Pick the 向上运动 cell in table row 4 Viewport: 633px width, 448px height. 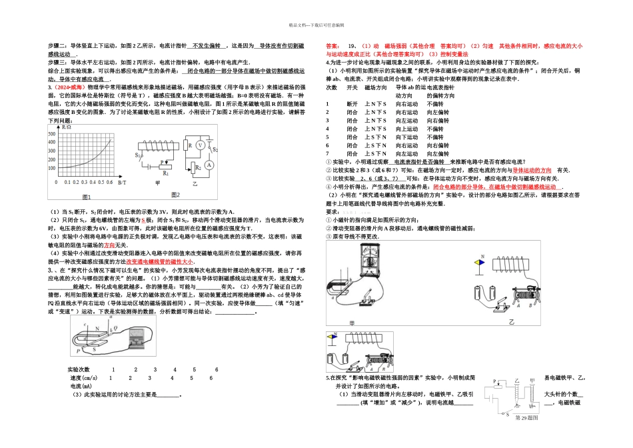point(407,129)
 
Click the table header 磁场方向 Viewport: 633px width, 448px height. point(375,88)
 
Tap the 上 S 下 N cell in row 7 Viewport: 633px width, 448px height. point(376,153)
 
